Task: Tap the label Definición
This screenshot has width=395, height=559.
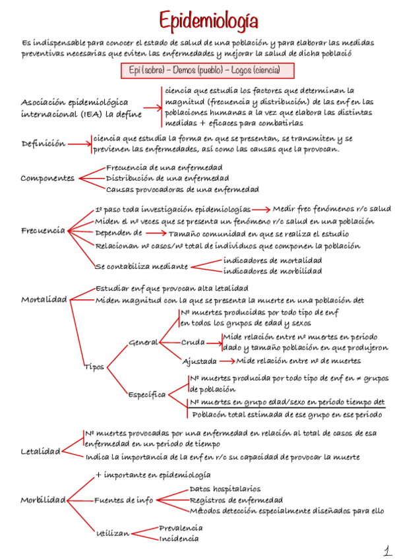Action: point(44,143)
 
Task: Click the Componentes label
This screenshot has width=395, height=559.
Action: point(47,178)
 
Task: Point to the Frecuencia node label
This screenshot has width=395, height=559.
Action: point(43,230)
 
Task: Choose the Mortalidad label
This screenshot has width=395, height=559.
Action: point(44,299)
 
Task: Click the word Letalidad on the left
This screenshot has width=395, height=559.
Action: point(40,452)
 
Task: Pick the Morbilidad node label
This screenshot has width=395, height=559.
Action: point(44,499)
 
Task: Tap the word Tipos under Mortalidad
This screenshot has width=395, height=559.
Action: point(94,367)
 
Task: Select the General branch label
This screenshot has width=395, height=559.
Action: point(143,342)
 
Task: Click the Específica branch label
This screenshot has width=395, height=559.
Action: point(147,394)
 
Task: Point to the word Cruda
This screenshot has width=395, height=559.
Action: point(193,342)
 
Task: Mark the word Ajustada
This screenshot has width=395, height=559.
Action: point(200,361)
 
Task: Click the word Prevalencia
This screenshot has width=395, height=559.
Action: point(181,527)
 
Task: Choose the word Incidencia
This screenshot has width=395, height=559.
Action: point(178,539)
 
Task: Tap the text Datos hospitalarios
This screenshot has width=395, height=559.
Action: point(224,488)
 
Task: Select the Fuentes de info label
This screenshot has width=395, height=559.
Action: point(124,500)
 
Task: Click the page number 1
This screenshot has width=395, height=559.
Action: point(385,550)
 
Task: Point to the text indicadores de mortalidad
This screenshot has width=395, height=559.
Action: point(272,260)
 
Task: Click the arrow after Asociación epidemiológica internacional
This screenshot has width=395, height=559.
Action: point(152,107)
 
